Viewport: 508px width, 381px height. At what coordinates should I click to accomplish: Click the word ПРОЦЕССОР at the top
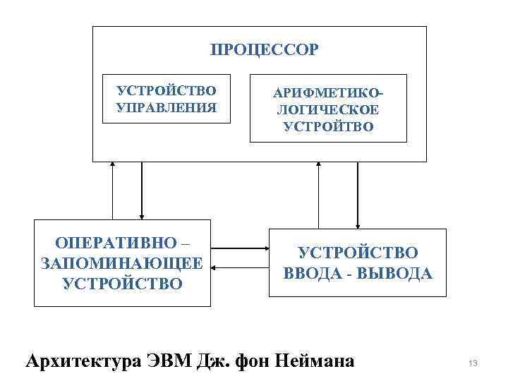[265, 50]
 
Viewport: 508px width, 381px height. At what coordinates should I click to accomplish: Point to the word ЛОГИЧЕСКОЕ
[328, 111]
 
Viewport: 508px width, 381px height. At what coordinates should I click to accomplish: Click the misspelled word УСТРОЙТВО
[328, 128]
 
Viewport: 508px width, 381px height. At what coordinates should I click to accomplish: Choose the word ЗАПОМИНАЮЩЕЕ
[122, 264]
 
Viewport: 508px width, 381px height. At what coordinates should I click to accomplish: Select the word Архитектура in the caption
[83, 362]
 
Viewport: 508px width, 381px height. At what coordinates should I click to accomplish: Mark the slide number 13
[473, 363]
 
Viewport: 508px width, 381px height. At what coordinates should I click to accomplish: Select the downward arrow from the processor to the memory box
[142, 190]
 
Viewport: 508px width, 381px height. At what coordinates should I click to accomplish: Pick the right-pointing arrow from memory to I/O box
[240, 249]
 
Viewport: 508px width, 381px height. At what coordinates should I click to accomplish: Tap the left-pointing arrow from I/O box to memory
[240, 268]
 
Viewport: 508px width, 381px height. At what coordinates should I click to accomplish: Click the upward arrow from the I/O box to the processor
[319, 195]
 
